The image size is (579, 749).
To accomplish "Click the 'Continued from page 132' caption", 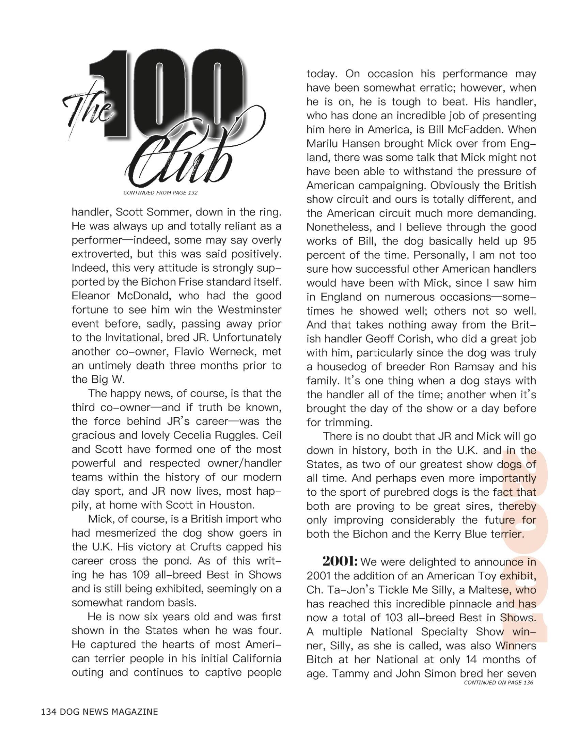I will coord(160,193).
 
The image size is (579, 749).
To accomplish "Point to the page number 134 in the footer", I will coord(49,712).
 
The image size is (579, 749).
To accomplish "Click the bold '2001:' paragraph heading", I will coord(340,561).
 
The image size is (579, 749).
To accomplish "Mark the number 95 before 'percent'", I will coord(529,241).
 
